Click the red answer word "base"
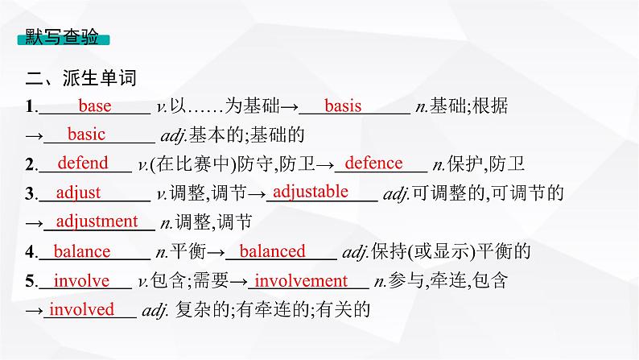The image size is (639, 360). [95, 106]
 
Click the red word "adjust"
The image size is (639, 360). [78, 192]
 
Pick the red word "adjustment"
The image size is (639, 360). [97, 221]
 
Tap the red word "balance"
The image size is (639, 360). [81, 251]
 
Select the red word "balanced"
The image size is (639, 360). [273, 251]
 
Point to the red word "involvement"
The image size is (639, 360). [301, 280]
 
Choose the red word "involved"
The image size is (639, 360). [82, 308]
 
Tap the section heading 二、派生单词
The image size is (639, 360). [81, 78]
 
